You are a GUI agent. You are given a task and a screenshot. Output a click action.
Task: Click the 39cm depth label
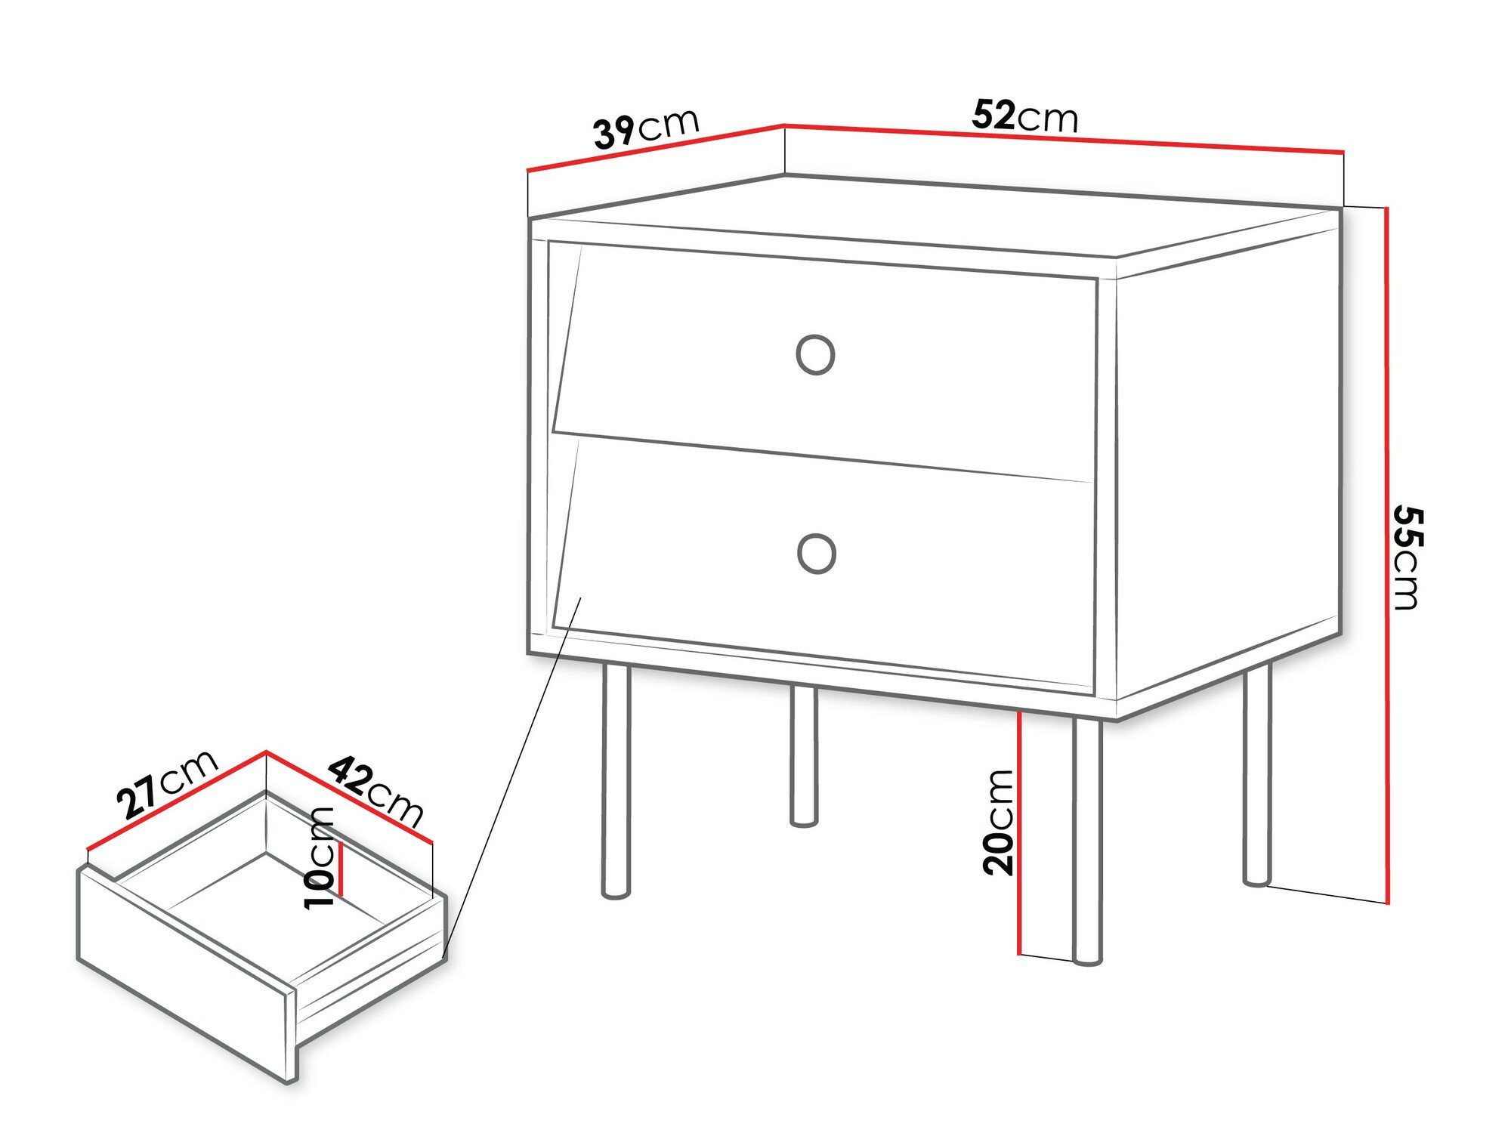(647, 129)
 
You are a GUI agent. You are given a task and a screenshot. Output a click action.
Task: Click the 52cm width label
(1024, 116)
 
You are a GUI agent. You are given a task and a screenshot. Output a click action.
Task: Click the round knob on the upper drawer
(815, 355)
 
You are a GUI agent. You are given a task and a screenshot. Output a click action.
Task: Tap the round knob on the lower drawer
(816, 554)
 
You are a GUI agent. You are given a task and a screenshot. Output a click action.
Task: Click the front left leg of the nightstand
(616, 782)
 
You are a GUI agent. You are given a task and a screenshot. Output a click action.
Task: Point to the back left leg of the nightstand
(804, 755)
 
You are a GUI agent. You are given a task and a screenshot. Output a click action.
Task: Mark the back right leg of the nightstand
(1257, 774)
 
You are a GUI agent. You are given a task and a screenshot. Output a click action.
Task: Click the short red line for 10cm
(341, 869)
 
